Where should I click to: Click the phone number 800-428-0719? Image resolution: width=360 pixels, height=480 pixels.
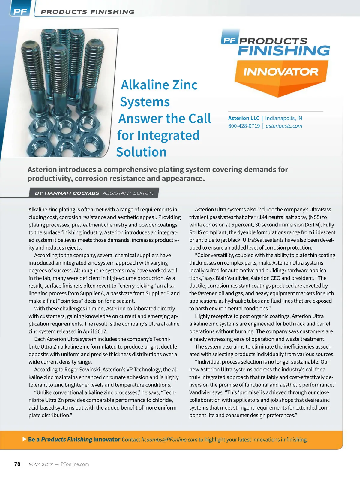pyautogui.click(x=244, y=126)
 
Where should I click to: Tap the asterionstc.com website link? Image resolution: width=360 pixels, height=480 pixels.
pyautogui.click(x=284, y=126)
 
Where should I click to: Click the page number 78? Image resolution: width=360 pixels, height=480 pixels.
pyautogui.click(x=17, y=464)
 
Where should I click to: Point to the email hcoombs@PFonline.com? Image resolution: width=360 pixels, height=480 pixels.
pyautogui.click(x=169, y=439)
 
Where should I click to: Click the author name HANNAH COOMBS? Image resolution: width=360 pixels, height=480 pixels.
pyautogui.click(x=72, y=193)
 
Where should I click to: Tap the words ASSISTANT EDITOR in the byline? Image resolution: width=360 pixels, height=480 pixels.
pyautogui.click(x=128, y=193)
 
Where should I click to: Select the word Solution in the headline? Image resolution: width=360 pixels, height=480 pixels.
pyautogui.click(x=141, y=152)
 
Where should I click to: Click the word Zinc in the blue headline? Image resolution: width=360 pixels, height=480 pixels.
pyautogui.click(x=181, y=85)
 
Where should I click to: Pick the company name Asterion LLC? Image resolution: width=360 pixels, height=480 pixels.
pyautogui.click(x=244, y=118)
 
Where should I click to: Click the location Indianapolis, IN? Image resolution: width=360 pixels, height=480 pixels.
pyautogui.click(x=283, y=118)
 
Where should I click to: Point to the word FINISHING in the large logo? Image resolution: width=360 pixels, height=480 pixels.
pyautogui.click(x=284, y=50)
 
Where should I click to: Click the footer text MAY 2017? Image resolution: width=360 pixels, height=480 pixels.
pyautogui.click(x=41, y=464)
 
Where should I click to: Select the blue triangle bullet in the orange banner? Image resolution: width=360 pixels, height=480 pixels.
pyautogui.click(x=25, y=439)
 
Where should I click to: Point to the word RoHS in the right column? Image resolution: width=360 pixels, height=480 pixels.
pyautogui.click(x=195, y=232)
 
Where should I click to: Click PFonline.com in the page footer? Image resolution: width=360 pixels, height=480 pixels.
pyautogui.click(x=75, y=464)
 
